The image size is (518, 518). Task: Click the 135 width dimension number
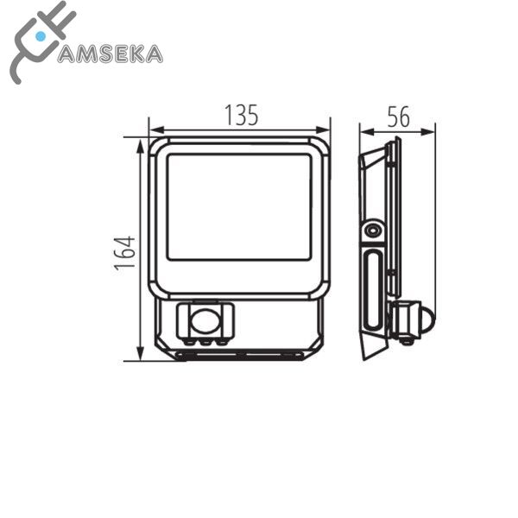pyautogui.click(x=241, y=116)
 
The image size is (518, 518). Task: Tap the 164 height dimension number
pyautogui.click(x=125, y=253)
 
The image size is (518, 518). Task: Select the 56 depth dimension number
pyautogui.click(x=398, y=117)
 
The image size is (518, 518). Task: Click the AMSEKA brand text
pyautogui.click(x=111, y=54)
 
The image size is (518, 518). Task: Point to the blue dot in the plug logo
pyautogui.click(x=41, y=36)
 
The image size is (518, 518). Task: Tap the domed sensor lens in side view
pyautogui.click(x=429, y=320)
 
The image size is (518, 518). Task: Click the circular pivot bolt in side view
pyautogui.click(x=373, y=231)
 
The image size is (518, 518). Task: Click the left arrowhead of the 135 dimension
pyautogui.click(x=156, y=129)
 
